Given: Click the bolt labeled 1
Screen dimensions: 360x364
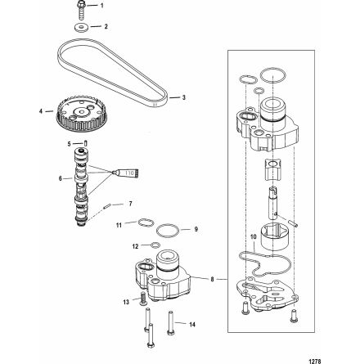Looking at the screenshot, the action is [80, 10].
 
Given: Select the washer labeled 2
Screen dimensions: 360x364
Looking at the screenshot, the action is [81, 28].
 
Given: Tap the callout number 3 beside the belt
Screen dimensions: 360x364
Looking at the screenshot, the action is [184, 97].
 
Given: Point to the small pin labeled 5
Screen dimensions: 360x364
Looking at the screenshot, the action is [85, 143].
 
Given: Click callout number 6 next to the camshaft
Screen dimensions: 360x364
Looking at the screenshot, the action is [61, 178].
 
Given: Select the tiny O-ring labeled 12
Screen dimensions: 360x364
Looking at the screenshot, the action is [155, 245].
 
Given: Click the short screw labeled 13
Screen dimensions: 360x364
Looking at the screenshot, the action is [143, 298].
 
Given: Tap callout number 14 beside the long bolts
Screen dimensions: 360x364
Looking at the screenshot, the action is [192, 325].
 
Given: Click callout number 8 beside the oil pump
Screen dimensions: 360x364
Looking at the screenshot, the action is [213, 279].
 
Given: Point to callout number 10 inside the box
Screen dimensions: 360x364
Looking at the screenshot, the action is [254, 237].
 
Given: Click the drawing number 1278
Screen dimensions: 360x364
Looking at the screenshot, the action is [313, 361].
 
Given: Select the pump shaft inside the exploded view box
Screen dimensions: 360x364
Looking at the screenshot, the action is [273, 203].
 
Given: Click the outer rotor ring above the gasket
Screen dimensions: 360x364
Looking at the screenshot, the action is [273, 236].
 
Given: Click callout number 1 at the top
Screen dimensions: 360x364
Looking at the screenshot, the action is [102, 6].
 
